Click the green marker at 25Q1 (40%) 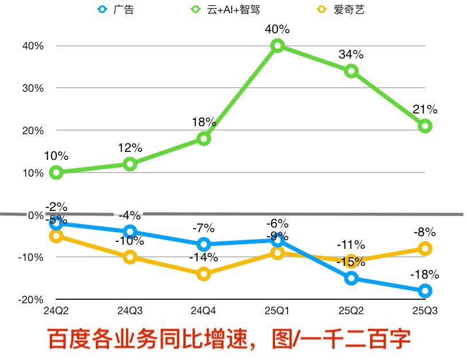[277, 46]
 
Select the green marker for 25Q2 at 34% [351, 71]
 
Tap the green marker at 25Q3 [425, 126]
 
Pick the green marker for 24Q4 [204, 139]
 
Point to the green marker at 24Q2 [56, 173]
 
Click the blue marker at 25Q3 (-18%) [425, 291]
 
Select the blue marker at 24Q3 [130, 232]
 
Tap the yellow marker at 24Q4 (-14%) [204, 275]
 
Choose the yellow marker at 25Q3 [425, 249]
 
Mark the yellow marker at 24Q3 [130, 257]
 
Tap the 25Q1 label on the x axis [277, 311]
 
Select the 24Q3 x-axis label [130, 311]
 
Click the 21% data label [425, 109]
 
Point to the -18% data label [425, 275]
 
